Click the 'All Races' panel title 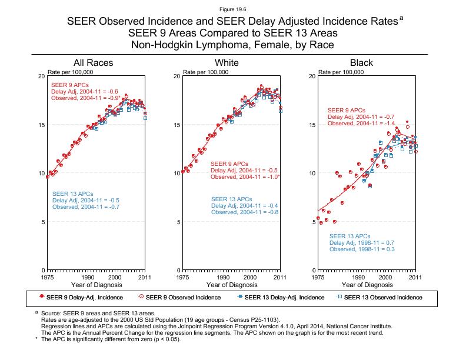[93, 62]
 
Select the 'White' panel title [227, 62]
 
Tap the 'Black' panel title [361, 62]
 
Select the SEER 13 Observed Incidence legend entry [383, 297]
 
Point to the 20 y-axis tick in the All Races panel [41, 76]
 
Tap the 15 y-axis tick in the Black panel [312, 125]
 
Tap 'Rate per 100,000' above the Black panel [340, 72]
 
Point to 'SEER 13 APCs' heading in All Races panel [72, 194]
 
